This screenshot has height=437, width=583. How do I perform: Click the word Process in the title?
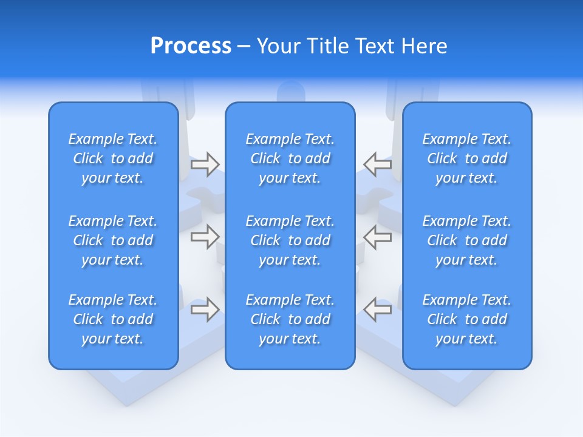(191, 46)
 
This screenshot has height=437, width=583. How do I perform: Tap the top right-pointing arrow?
(205, 164)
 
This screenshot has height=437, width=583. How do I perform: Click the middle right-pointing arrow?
(205, 237)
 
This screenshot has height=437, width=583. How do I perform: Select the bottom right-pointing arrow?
(205, 309)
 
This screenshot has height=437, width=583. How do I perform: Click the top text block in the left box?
(113, 158)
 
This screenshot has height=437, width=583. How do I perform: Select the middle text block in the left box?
(113, 240)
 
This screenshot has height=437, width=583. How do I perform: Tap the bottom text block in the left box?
(113, 319)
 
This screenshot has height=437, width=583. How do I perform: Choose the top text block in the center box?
(290, 158)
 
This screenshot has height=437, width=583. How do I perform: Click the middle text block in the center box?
(290, 240)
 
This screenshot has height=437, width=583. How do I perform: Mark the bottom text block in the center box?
(290, 319)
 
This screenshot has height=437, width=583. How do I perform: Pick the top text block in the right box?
(466, 158)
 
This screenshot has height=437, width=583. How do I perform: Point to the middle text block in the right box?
(466, 240)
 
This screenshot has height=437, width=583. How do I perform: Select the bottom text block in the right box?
(466, 319)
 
